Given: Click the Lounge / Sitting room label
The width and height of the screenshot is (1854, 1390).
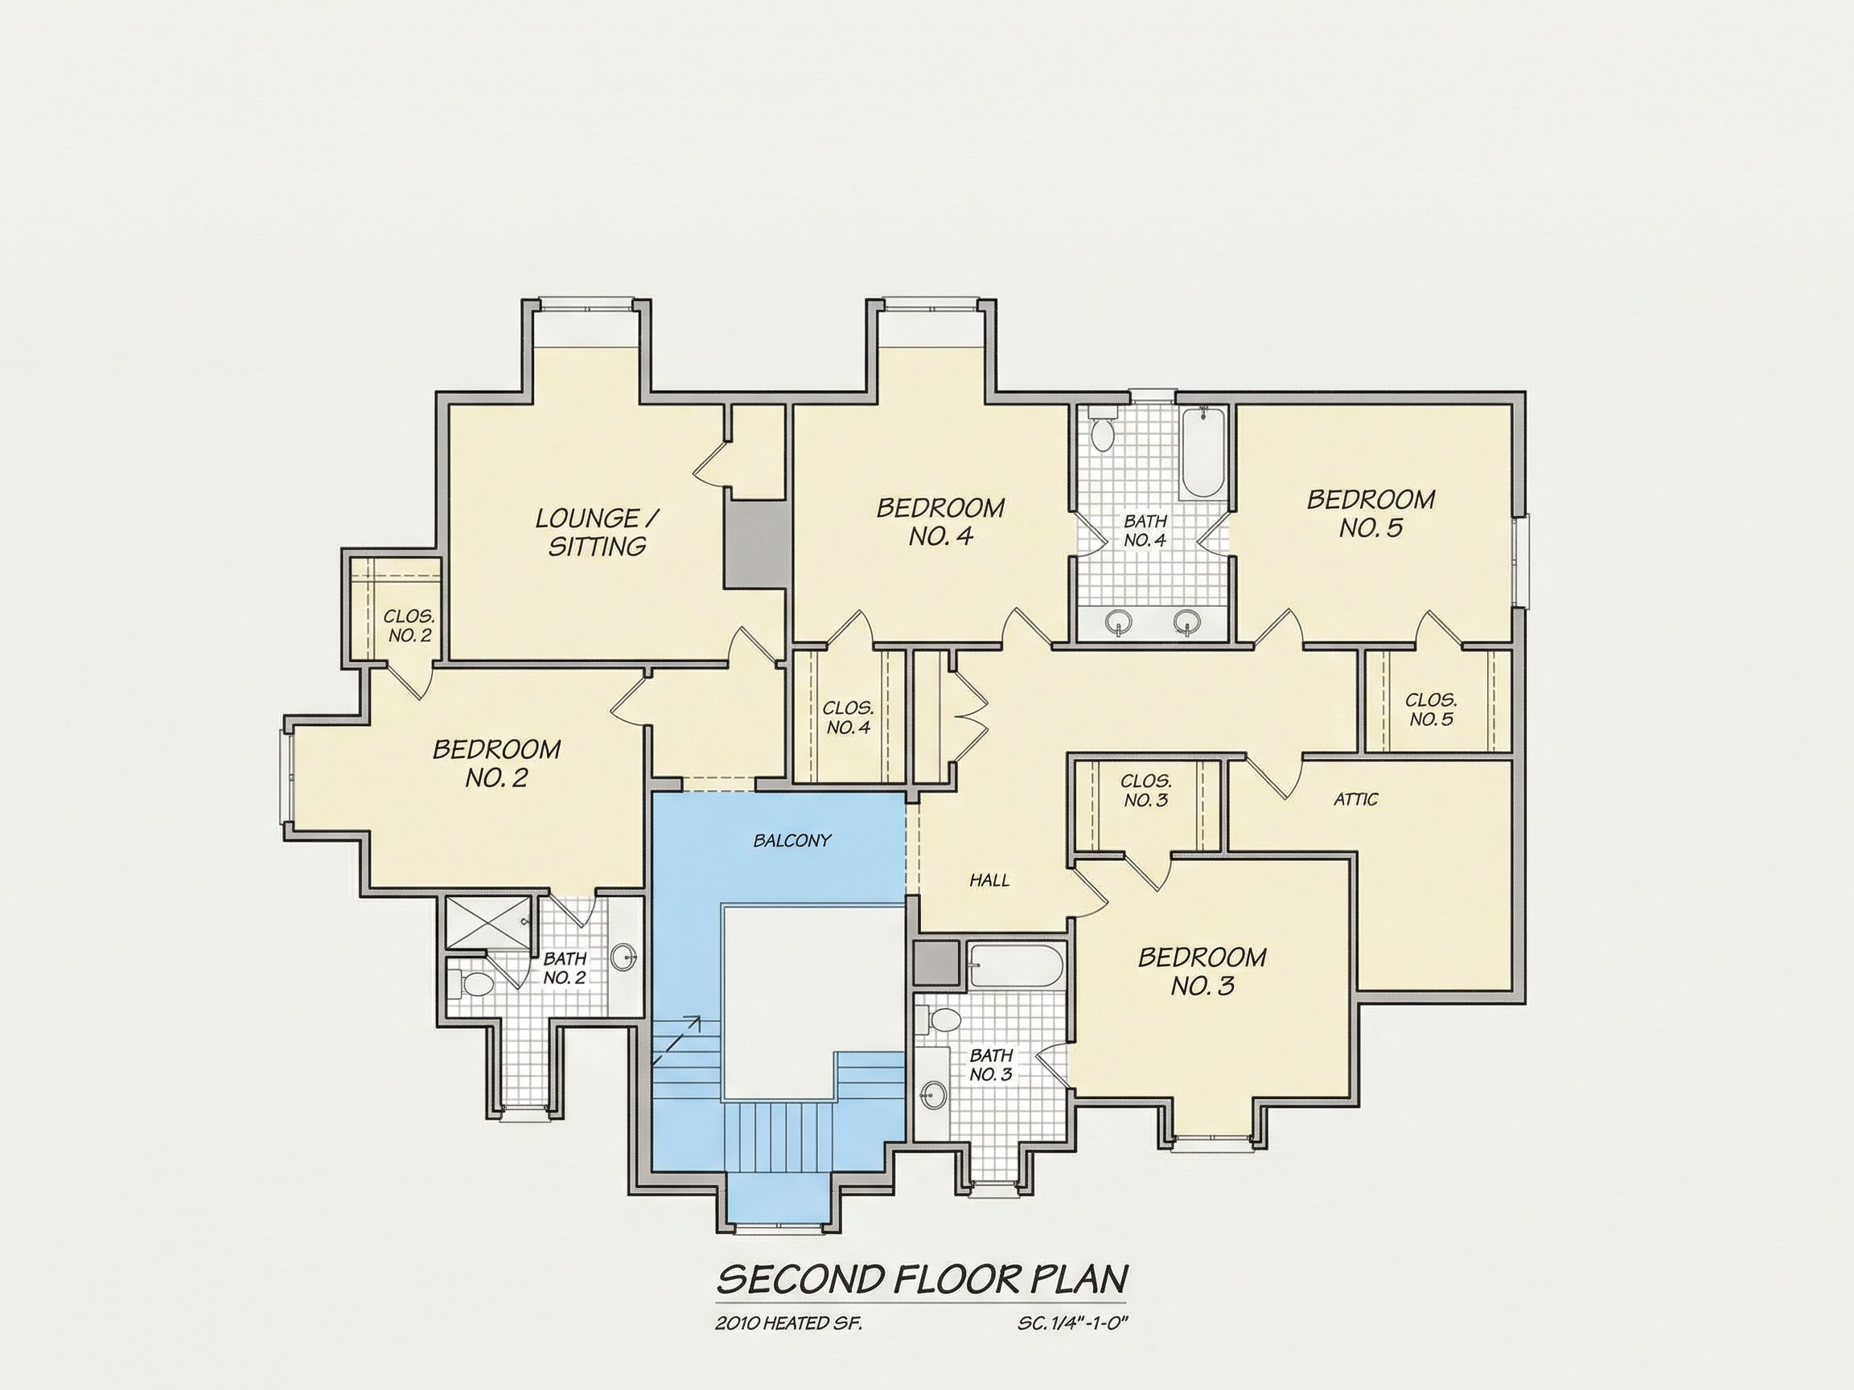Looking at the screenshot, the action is coord(597,532).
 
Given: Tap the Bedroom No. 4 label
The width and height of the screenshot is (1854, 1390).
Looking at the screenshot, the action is coord(940,521).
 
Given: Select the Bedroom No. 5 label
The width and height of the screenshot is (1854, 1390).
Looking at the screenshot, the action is coord(1371,513).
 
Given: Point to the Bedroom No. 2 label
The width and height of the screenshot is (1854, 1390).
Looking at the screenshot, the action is coord(496,762).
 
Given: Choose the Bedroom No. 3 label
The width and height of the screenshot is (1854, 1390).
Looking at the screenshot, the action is coord(1201,971).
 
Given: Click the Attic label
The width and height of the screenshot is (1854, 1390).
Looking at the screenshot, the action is coord(1355,799).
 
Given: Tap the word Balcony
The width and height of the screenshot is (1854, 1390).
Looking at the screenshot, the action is coord(792,840).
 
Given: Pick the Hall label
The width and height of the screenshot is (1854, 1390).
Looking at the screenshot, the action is coord(989,880).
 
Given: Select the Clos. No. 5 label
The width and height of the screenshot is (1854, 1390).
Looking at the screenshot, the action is coord(1431,710).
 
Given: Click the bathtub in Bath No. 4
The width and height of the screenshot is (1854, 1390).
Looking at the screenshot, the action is coord(1202,453).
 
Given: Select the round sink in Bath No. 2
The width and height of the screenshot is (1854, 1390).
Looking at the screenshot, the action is coord(623,956).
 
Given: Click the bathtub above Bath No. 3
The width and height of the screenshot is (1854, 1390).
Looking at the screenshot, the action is coord(1015,965).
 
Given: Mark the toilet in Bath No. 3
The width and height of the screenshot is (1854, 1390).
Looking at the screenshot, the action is coord(939,1019).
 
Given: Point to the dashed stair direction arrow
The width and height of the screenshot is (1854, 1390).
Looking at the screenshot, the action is coord(676,1040).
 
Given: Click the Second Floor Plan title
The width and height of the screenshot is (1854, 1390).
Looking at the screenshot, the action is coord(922,1278).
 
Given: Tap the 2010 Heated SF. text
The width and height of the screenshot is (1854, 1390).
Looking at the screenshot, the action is coord(789,1324).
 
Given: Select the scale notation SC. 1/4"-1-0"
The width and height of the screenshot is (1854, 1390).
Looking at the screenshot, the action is coord(1074,1324).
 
